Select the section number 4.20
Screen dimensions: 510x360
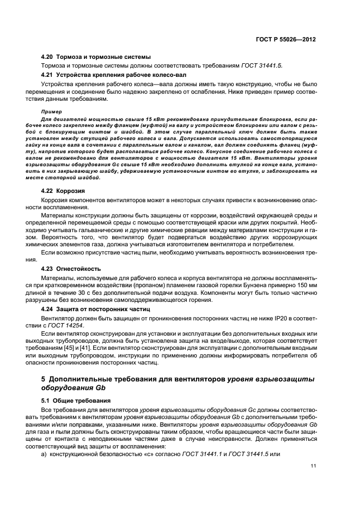48,57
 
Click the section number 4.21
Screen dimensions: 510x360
48,74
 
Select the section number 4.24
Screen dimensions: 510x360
48,309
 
